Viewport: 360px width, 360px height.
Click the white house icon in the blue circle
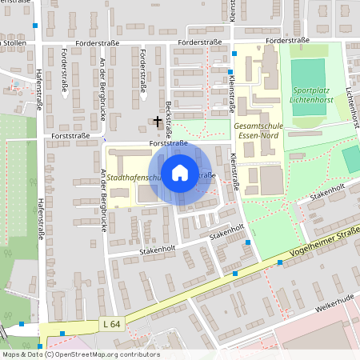click(x=180, y=173)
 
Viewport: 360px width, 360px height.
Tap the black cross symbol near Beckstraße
click(x=158, y=121)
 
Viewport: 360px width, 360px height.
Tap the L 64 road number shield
click(x=110, y=324)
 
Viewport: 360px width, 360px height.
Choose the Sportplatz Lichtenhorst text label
click(x=315, y=95)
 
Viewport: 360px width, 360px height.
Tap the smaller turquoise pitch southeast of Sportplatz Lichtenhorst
click(x=350, y=158)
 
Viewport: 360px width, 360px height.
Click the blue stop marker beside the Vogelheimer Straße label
click(x=281, y=262)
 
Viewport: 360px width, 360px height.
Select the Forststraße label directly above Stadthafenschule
click(x=168, y=144)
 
